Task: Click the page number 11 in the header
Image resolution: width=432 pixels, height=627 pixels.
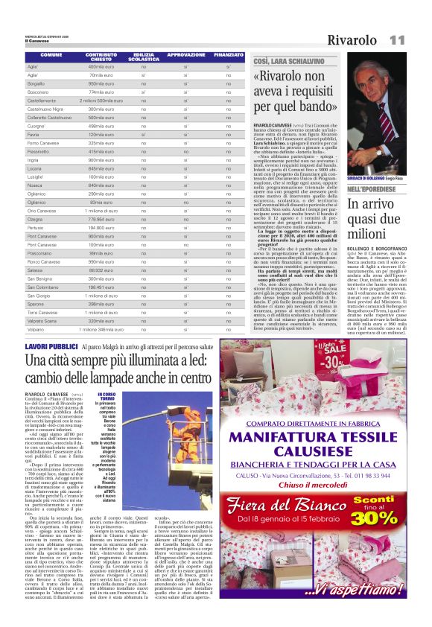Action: pyautogui.click(x=396, y=39)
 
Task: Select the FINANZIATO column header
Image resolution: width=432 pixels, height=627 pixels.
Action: pyautogui.click(x=229, y=55)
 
